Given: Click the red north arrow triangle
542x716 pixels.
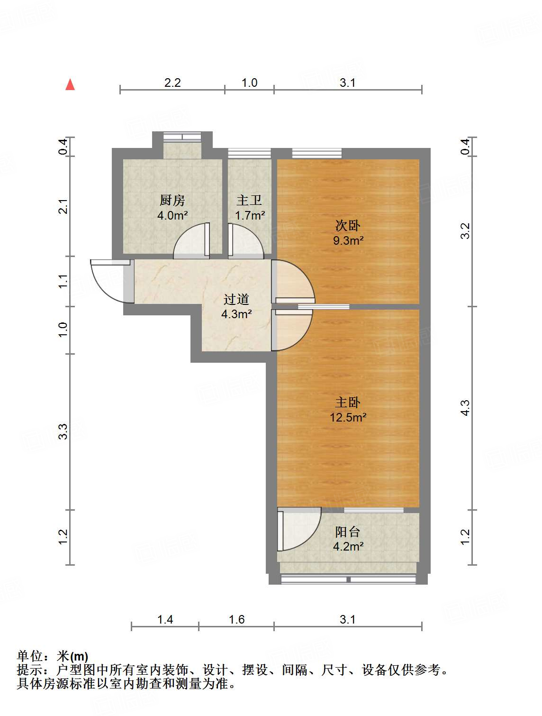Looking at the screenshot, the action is [70, 84].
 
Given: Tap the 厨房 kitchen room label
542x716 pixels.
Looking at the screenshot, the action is [172, 200].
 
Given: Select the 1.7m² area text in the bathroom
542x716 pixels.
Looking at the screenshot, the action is [250, 215].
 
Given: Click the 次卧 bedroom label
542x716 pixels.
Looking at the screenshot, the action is [348, 225].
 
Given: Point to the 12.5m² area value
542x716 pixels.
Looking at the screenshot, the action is [348, 417].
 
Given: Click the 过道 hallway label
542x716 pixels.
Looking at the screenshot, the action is [236, 299].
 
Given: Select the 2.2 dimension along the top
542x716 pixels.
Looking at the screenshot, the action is [172, 83].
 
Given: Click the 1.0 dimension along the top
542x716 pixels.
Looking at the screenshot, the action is [249, 83].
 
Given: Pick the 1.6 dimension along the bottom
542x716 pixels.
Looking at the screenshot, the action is [236, 619].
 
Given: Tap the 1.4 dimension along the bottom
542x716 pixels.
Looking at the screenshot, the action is [165, 619].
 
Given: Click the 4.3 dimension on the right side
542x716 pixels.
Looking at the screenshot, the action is [465, 408].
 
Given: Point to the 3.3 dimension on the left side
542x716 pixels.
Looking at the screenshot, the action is [63, 431].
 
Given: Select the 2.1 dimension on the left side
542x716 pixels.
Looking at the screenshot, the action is [63, 206].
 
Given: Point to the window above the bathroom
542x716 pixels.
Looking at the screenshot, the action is [249, 153].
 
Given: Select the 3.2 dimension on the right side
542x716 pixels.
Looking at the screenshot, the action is [465, 231].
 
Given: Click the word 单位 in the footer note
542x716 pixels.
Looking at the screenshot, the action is [30, 655].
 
